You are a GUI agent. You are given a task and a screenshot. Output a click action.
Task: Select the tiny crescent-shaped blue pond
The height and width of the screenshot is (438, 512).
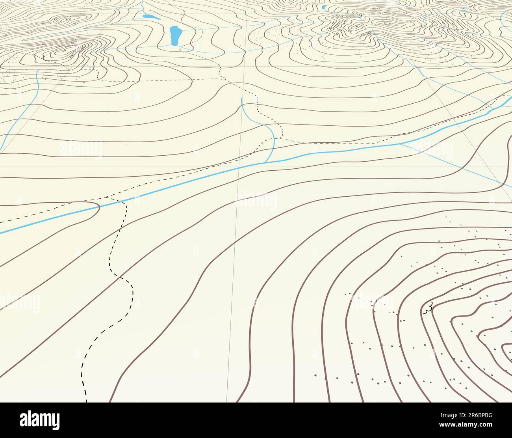click(x=324, y=7)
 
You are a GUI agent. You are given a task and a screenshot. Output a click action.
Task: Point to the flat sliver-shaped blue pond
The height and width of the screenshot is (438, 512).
click(x=464, y=10)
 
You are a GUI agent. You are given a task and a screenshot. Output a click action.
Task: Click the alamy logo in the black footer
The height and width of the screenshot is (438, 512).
click(x=40, y=419)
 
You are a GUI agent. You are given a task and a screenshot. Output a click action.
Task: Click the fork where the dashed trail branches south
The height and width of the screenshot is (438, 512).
click(x=106, y=197)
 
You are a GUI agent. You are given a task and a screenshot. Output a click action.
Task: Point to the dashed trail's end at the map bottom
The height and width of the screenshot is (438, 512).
click(x=86, y=401)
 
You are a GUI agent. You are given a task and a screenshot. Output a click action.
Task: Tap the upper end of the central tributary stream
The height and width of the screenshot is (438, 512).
click(x=241, y=99)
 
